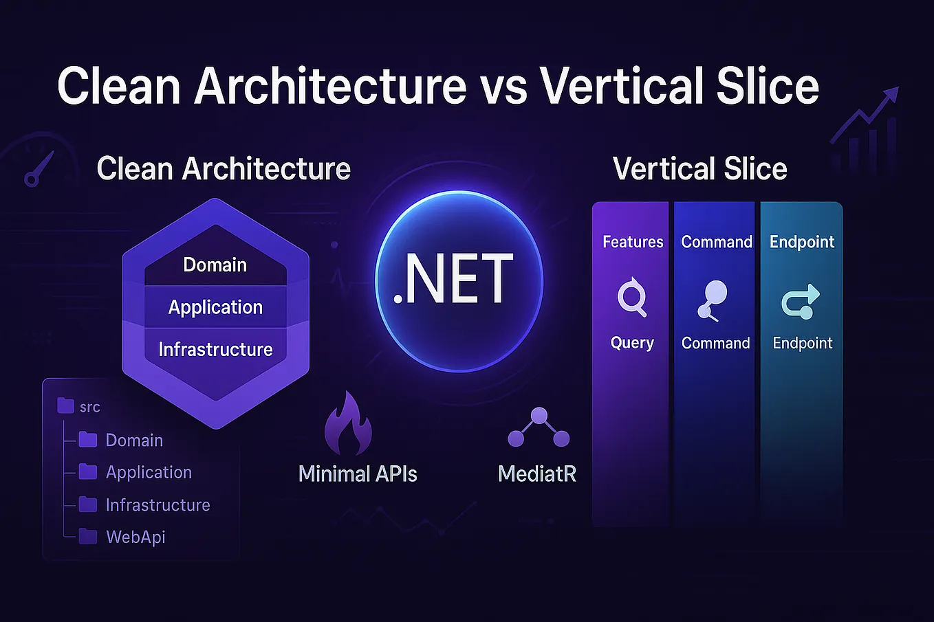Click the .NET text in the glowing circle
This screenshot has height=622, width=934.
(454, 279)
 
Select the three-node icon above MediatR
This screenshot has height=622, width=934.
(539, 428)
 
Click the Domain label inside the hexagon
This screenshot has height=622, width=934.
(215, 265)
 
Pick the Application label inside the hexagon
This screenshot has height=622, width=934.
(215, 307)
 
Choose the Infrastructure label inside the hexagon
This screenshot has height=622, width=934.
(215, 349)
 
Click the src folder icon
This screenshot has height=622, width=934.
(66, 406)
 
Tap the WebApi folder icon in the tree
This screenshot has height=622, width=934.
(88, 536)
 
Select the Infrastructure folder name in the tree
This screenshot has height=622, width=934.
(158, 504)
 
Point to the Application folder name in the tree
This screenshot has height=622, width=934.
(149, 472)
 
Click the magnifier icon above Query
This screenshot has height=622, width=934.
(632, 298)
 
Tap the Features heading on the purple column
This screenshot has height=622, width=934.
(633, 242)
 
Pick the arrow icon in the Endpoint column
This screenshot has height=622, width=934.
(801, 302)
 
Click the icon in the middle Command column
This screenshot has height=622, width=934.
(713, 300)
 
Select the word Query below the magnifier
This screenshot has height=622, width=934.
(632, 343)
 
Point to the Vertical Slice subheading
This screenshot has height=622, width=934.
(699, 168)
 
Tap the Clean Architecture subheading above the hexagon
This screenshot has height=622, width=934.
(224, 168)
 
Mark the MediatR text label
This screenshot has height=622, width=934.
(536, 474)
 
